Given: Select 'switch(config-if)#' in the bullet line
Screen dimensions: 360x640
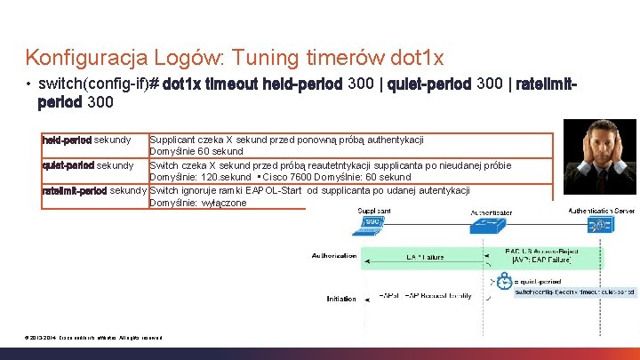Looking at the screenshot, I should pos(99,84).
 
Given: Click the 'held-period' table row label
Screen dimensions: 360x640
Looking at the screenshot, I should pos(68,140).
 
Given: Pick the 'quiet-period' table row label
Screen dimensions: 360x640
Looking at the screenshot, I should pos(68,164).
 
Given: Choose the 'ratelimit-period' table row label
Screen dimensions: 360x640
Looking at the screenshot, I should pos(75,189).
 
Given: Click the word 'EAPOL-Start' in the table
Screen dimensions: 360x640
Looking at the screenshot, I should pos(260,189).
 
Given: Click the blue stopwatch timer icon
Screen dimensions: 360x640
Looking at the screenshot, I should pos(505,280).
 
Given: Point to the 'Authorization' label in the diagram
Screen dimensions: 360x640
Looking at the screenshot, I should pos(333,255).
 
